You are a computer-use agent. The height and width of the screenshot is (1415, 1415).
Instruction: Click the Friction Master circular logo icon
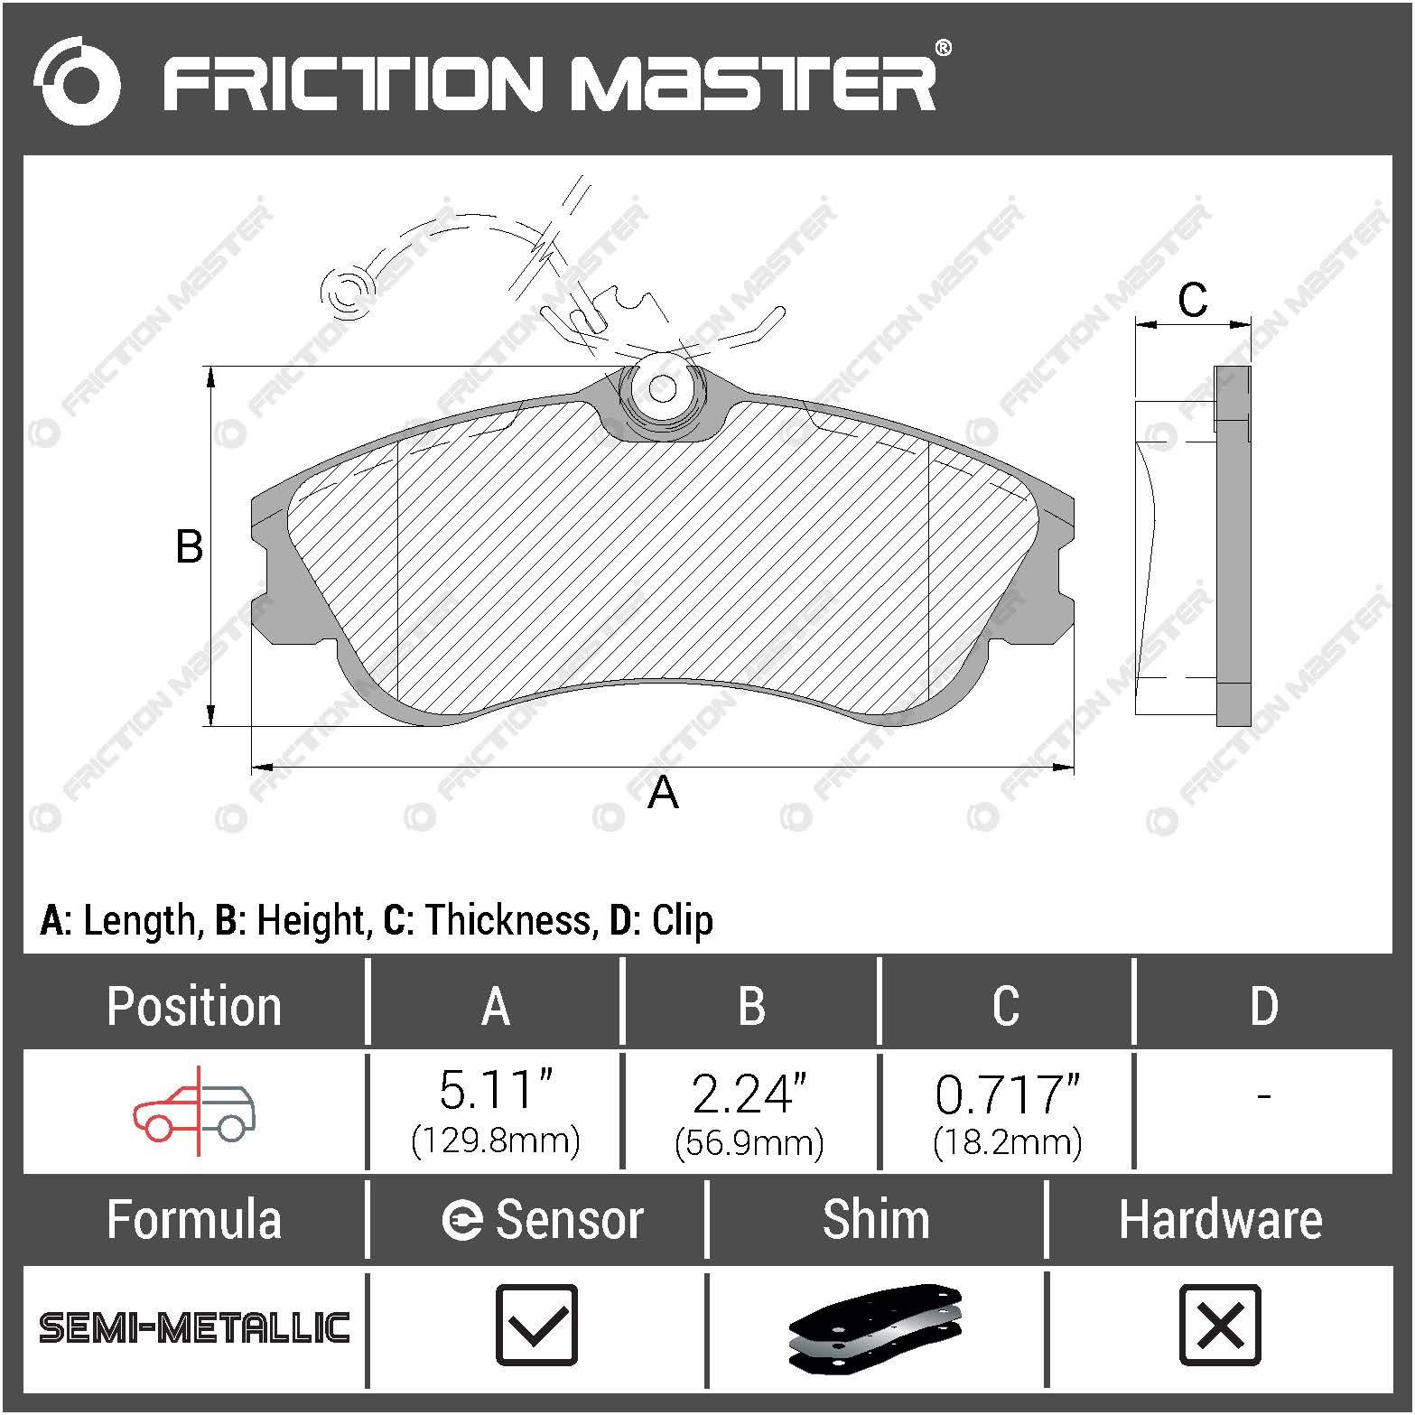click(x=78, y=81)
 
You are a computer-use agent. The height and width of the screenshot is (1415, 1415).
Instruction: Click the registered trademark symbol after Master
click(x=942, y=48)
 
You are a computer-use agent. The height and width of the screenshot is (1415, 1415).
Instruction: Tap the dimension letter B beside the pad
click(x=190, y=547)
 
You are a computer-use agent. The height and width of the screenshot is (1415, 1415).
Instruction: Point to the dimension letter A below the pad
click(x=663, y=793)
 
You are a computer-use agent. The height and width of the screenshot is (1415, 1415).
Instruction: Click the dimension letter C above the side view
click(x=1192, y=300)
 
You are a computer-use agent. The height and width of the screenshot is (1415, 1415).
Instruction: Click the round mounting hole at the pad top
click(x=663, y=389)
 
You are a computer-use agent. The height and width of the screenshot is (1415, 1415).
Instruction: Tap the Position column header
click(x=194, y=1006)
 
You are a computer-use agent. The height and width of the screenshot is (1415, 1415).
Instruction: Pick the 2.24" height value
click(x=749, y=1094)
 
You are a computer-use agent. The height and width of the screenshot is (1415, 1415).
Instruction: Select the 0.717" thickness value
click(x=1007, y=1094)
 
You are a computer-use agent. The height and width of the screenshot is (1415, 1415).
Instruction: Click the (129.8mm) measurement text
click(x=495, y=1140)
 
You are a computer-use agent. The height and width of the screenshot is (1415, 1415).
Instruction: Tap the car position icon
click(x=194, y=1112)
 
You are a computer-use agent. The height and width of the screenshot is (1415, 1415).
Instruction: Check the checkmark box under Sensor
click(x=536, y=1325)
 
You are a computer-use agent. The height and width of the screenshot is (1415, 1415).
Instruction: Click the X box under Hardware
click(x=1220, y=1325)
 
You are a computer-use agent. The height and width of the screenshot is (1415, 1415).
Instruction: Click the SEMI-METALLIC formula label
click(x=194, y=1327)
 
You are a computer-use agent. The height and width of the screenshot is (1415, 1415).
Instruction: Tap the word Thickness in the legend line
click(x=508, y=920)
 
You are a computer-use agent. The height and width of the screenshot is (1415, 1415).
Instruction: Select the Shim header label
click(x=875, y=1219)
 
